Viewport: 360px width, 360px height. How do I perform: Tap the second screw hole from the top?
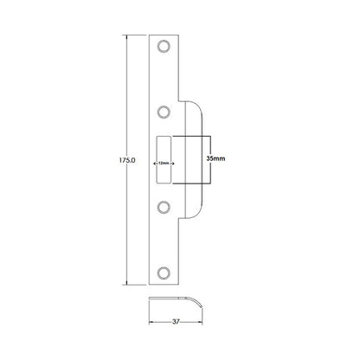point(164,111)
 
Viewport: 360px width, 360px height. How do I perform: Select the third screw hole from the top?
point(164,208)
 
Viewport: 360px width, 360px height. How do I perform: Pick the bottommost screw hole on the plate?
point(164,273)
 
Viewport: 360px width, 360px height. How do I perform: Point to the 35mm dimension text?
point(217,160)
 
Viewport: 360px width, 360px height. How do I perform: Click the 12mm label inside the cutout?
point(164,161)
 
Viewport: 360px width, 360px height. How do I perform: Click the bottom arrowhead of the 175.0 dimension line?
point(128,283)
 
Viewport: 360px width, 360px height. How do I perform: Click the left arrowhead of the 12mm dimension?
point(155,161)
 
